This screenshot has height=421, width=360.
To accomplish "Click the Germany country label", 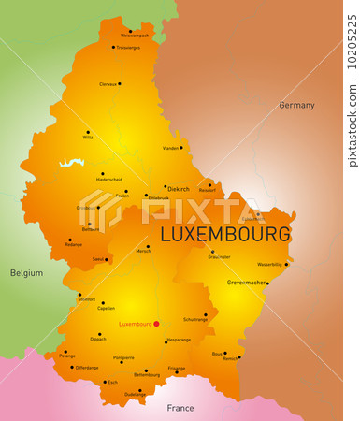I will pos(296,105).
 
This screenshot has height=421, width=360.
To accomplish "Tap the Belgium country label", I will pos(26,273).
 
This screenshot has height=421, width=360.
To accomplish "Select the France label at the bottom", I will pos(180,408).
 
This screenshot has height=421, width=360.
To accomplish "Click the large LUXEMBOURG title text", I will pos(225,234).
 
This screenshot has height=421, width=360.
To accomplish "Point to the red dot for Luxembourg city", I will pos(156,324).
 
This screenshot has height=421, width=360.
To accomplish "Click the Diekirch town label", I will pos(178,187).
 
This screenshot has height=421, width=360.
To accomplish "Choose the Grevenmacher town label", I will pos(247,282).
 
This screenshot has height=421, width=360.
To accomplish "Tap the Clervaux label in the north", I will pos(108,84).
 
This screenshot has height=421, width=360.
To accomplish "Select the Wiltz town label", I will pos(87,138).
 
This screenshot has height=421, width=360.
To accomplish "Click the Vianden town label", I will pos(170,148).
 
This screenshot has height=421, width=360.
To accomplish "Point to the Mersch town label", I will pos(142,251).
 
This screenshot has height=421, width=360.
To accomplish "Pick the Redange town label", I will pos(74,243).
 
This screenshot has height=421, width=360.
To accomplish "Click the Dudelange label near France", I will pos(136,394).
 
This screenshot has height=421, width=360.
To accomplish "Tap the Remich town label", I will pos(230,358).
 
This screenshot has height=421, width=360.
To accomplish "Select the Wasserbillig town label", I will pos(269,264).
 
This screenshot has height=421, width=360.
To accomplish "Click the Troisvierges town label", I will pos(128,47).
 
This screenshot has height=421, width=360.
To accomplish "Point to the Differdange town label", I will pos(86,368).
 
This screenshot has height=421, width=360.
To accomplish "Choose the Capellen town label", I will pos(106,308).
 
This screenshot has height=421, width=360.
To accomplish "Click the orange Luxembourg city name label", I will pos(135,324).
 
